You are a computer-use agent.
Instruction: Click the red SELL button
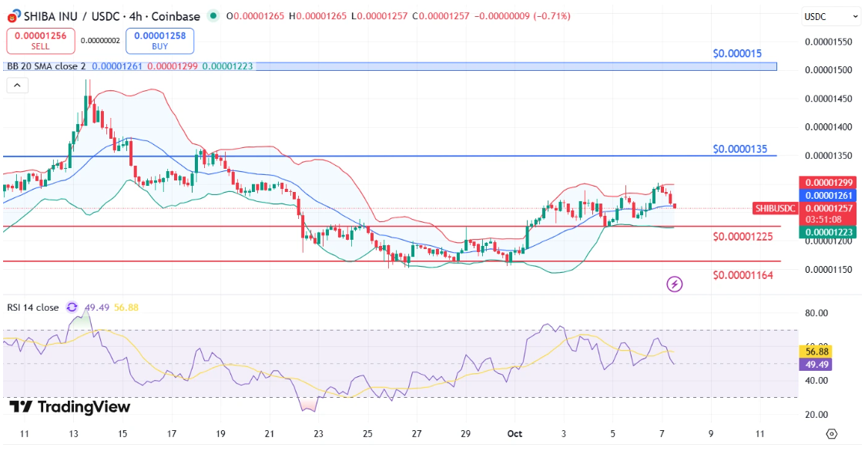40,41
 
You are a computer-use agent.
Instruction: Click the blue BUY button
164,41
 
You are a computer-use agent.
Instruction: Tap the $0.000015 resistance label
737,54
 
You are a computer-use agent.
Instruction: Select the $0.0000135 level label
739,149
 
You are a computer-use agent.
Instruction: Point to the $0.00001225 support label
743,236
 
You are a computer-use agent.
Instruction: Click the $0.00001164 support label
743,274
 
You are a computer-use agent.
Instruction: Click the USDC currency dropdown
830,16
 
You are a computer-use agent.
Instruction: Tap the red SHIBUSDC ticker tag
776,208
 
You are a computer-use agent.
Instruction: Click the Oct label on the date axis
515,434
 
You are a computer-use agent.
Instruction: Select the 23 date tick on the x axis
319,434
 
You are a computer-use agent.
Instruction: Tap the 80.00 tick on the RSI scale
816,313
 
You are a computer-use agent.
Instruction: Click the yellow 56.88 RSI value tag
815,352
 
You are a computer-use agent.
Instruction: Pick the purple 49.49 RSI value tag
815,364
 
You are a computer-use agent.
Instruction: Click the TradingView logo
70,407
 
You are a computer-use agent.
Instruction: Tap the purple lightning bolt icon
675,284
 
